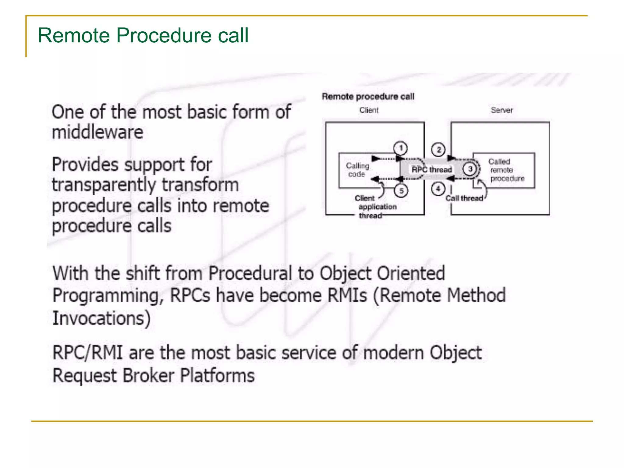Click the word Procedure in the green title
click(x=164, y=35)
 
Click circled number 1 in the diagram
click(x=401, y=148)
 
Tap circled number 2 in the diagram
click(x=438, y=150)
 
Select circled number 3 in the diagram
click(x=470, y=169)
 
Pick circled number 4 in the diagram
click(x=438, y=189)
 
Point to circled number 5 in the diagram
click(x=401, y=191)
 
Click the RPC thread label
click(x=431, y=170)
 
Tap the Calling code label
click(x=357, y=170)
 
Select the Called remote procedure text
click(x=506, y=170)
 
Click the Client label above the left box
click(x=369, y=110)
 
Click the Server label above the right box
click(x=502, y=110)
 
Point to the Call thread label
click(x=464, y=198)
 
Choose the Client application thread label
click(x=375, y=207)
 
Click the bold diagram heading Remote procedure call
click(x=368, y=96)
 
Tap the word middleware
click(x=97, y=132)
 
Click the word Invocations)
click(x=101, y=318)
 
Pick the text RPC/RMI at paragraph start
click(x=87, y=353)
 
